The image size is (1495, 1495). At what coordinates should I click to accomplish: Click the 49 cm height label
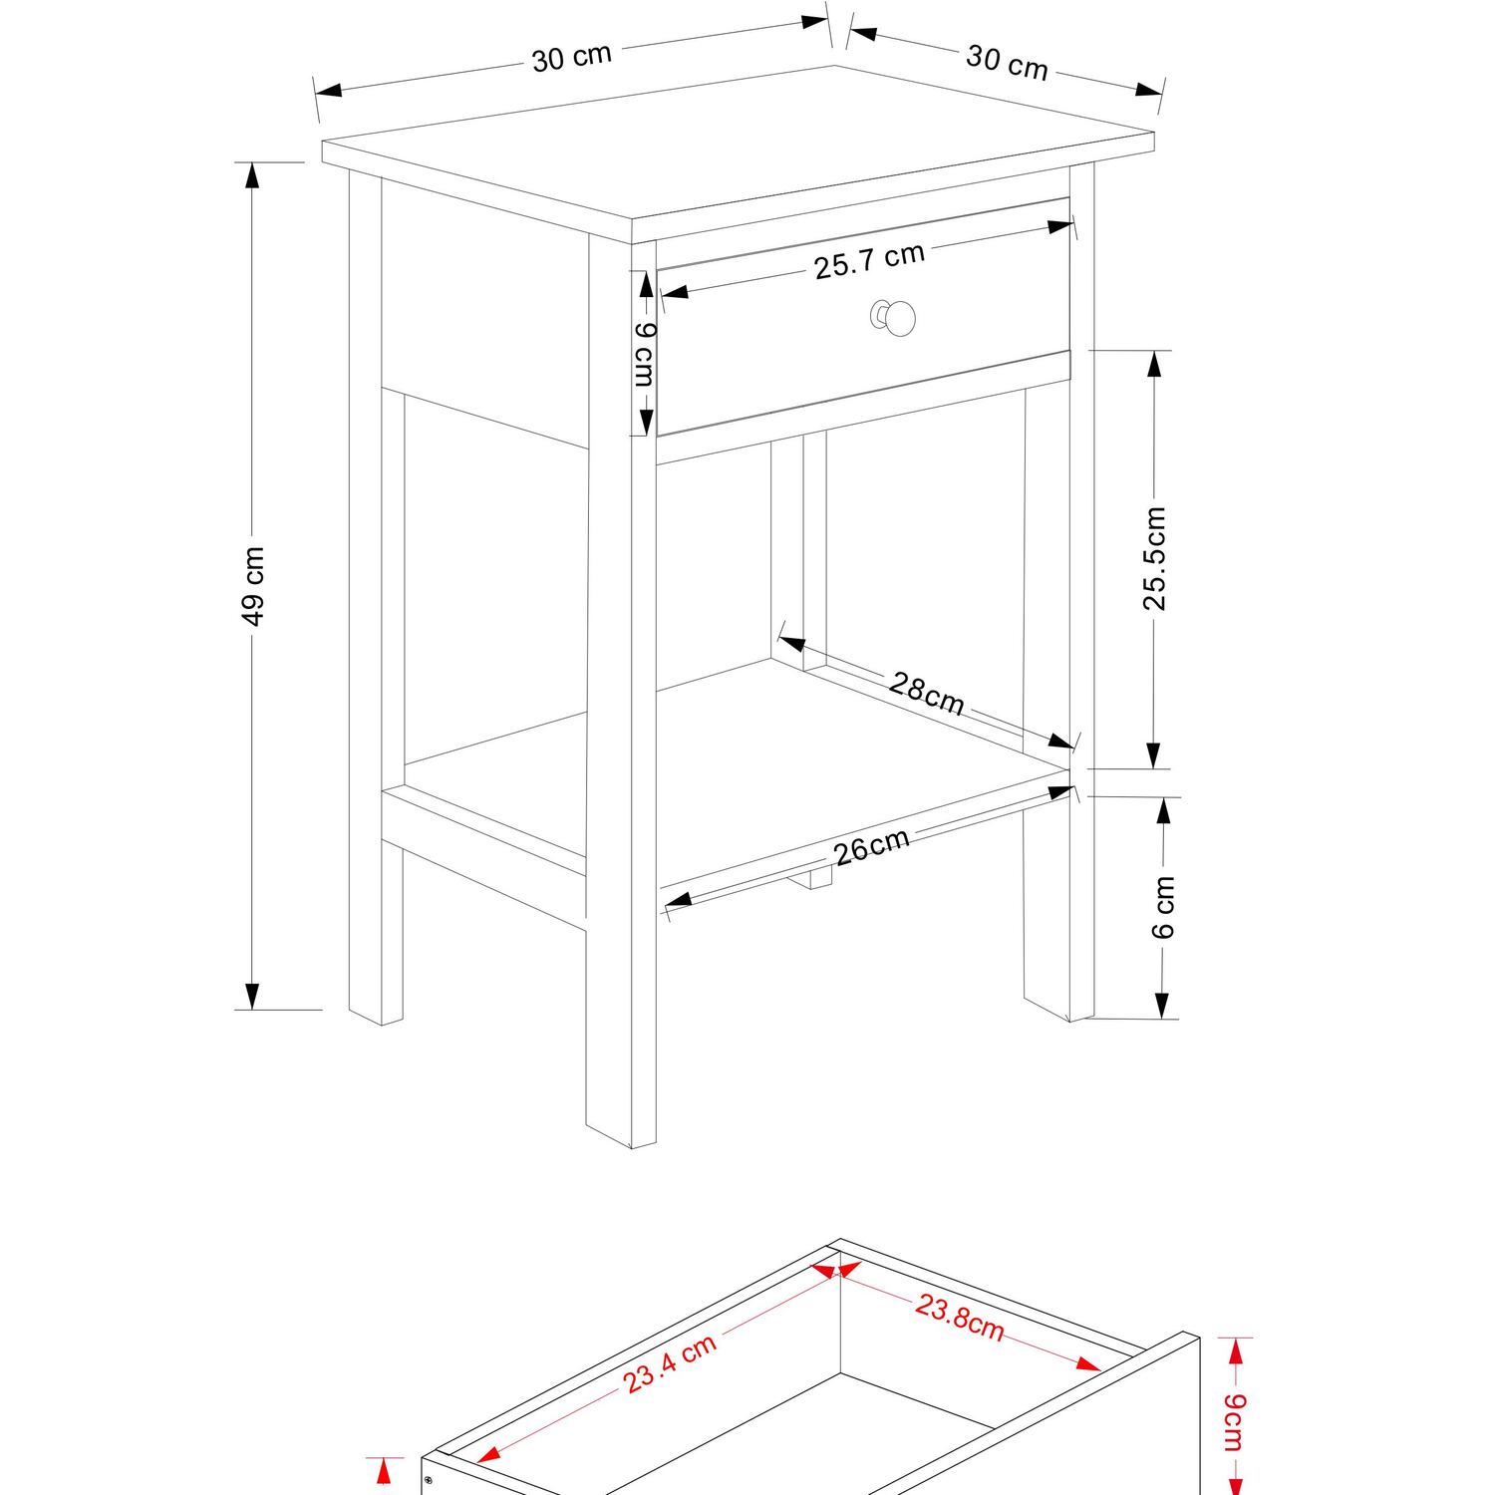click(255, 586)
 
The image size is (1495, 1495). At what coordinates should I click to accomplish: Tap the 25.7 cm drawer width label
click(870, 260)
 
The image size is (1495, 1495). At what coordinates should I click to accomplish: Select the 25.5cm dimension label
click(1154, 558)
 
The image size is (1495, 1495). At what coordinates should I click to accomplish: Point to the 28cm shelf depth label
click(927, 694)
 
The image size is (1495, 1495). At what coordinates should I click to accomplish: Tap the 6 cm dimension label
click(1163, 907)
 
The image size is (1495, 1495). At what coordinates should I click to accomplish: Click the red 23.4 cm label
click(670, 1363)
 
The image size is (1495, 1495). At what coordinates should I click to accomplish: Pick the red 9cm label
click(1233, 1422)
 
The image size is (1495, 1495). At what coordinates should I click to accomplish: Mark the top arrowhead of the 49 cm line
click(252, 175)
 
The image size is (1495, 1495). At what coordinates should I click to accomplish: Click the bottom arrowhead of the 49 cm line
click(252, 996)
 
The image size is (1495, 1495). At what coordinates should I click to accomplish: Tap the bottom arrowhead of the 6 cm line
click(1162, 1006)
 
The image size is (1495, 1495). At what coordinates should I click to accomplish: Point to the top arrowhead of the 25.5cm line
click(1154, 364)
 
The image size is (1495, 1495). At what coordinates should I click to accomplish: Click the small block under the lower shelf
click(819, 877)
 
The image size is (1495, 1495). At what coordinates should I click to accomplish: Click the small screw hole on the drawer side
click(428, 1480)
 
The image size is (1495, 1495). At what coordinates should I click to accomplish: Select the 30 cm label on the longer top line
click(571, 57)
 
